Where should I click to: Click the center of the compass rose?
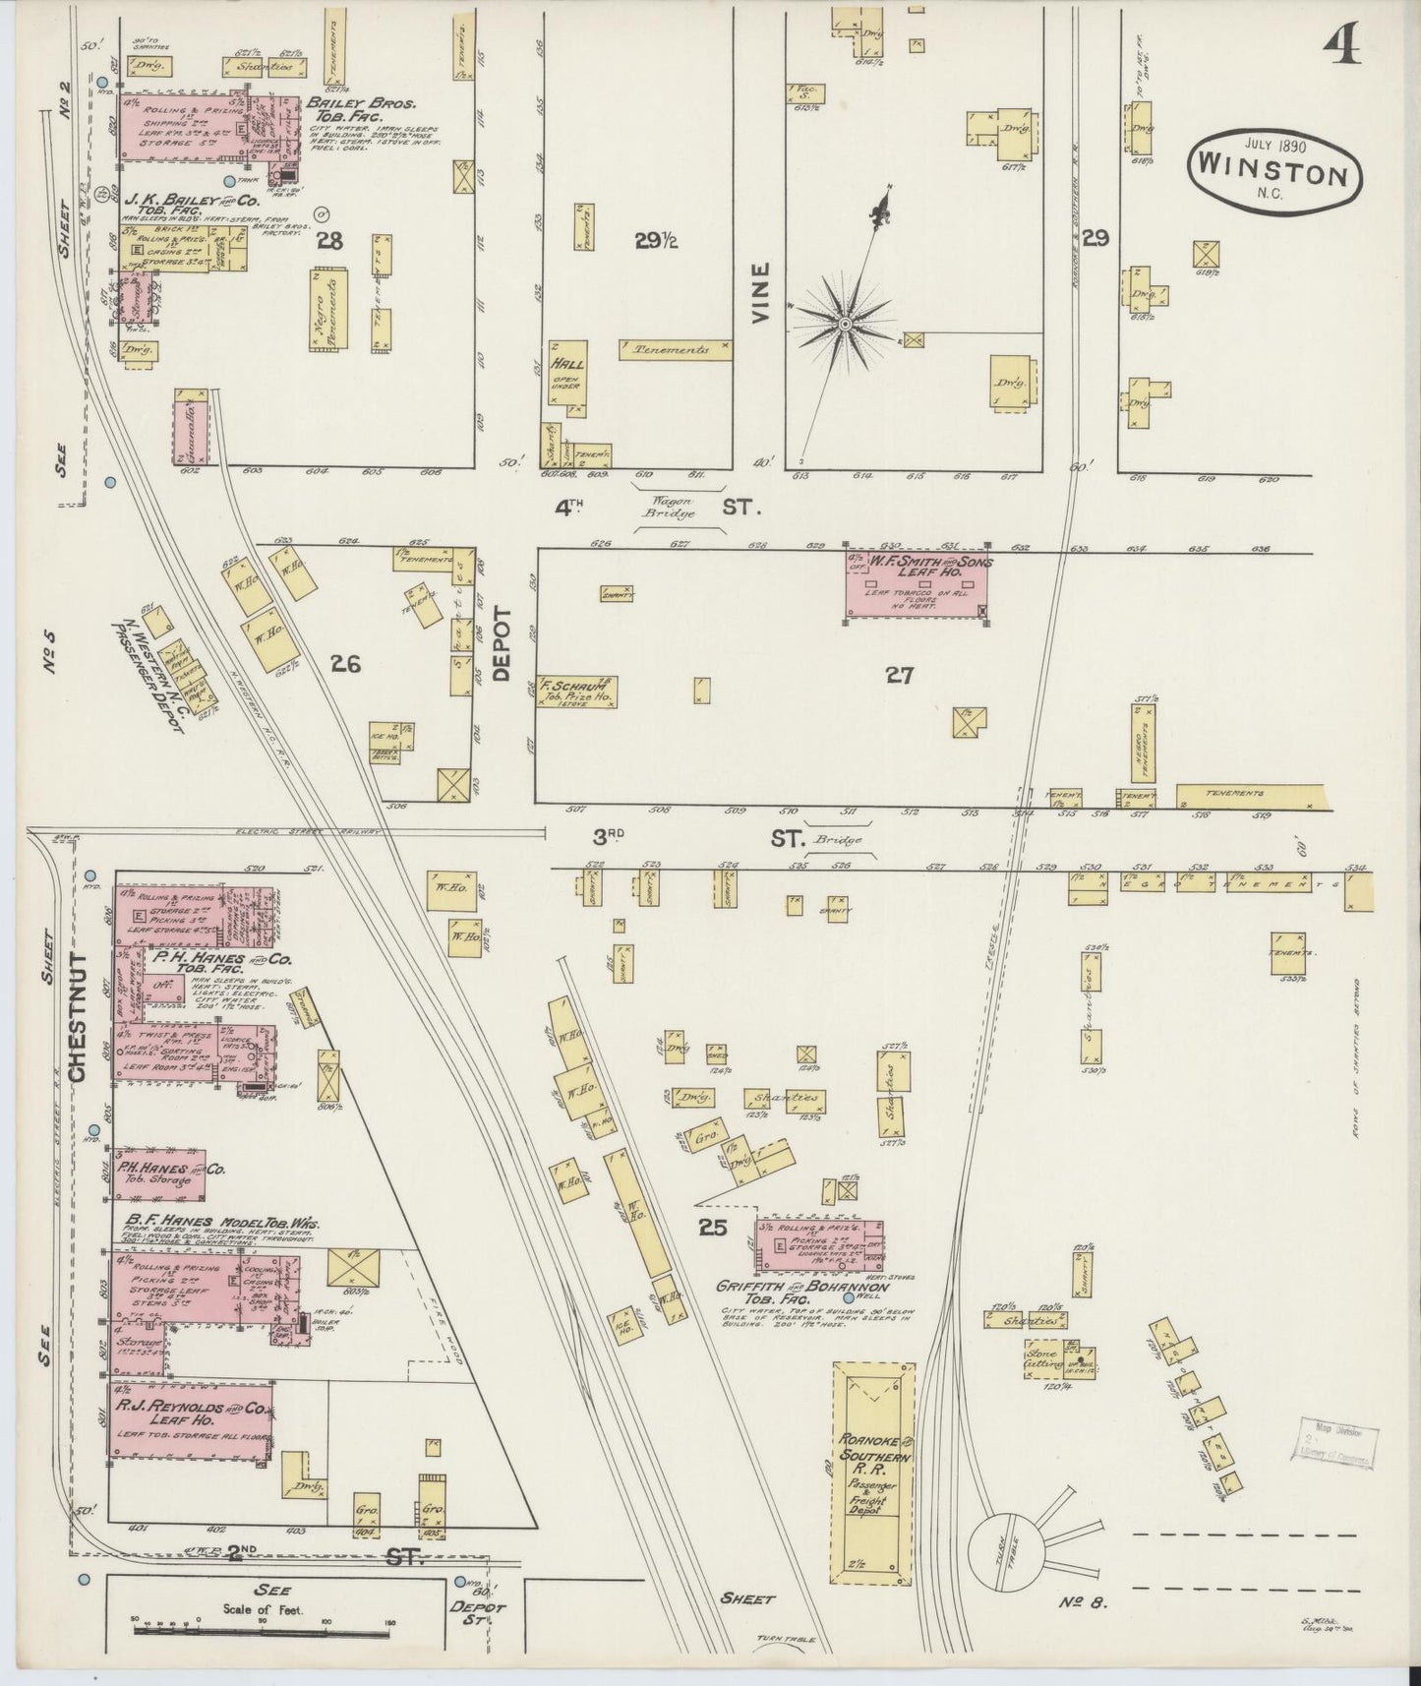[x=845, y=323]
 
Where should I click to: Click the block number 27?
[x=899, y=676]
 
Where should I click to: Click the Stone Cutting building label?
[x=1042, y=1358]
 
